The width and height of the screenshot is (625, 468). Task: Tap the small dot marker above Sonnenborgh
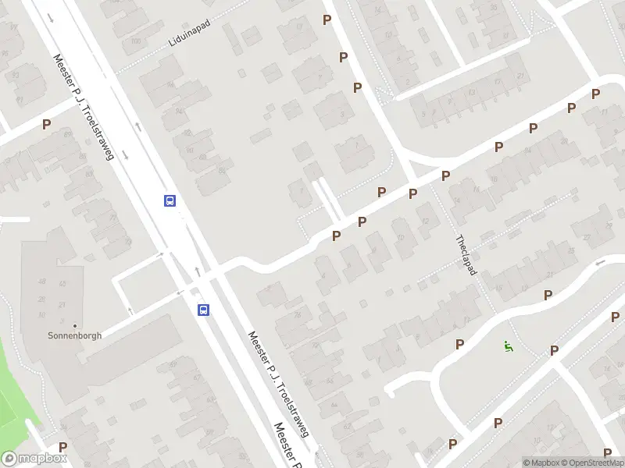point(75,326)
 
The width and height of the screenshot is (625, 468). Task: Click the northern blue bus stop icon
point(170,200)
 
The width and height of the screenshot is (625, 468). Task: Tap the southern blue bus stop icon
point(203,310)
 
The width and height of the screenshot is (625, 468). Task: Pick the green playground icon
point(509,347)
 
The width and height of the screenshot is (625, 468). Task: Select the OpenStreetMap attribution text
point(591,463)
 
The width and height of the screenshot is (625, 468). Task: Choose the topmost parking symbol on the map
point(327,19)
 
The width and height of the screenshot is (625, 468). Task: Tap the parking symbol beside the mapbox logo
point(62,447)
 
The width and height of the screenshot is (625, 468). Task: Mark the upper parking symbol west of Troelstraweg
point(46,124)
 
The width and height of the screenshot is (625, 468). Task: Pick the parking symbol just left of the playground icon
point(459,344)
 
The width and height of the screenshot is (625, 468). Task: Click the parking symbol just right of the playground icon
point(554,350)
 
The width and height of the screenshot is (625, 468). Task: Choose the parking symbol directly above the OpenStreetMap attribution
point(608,452)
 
